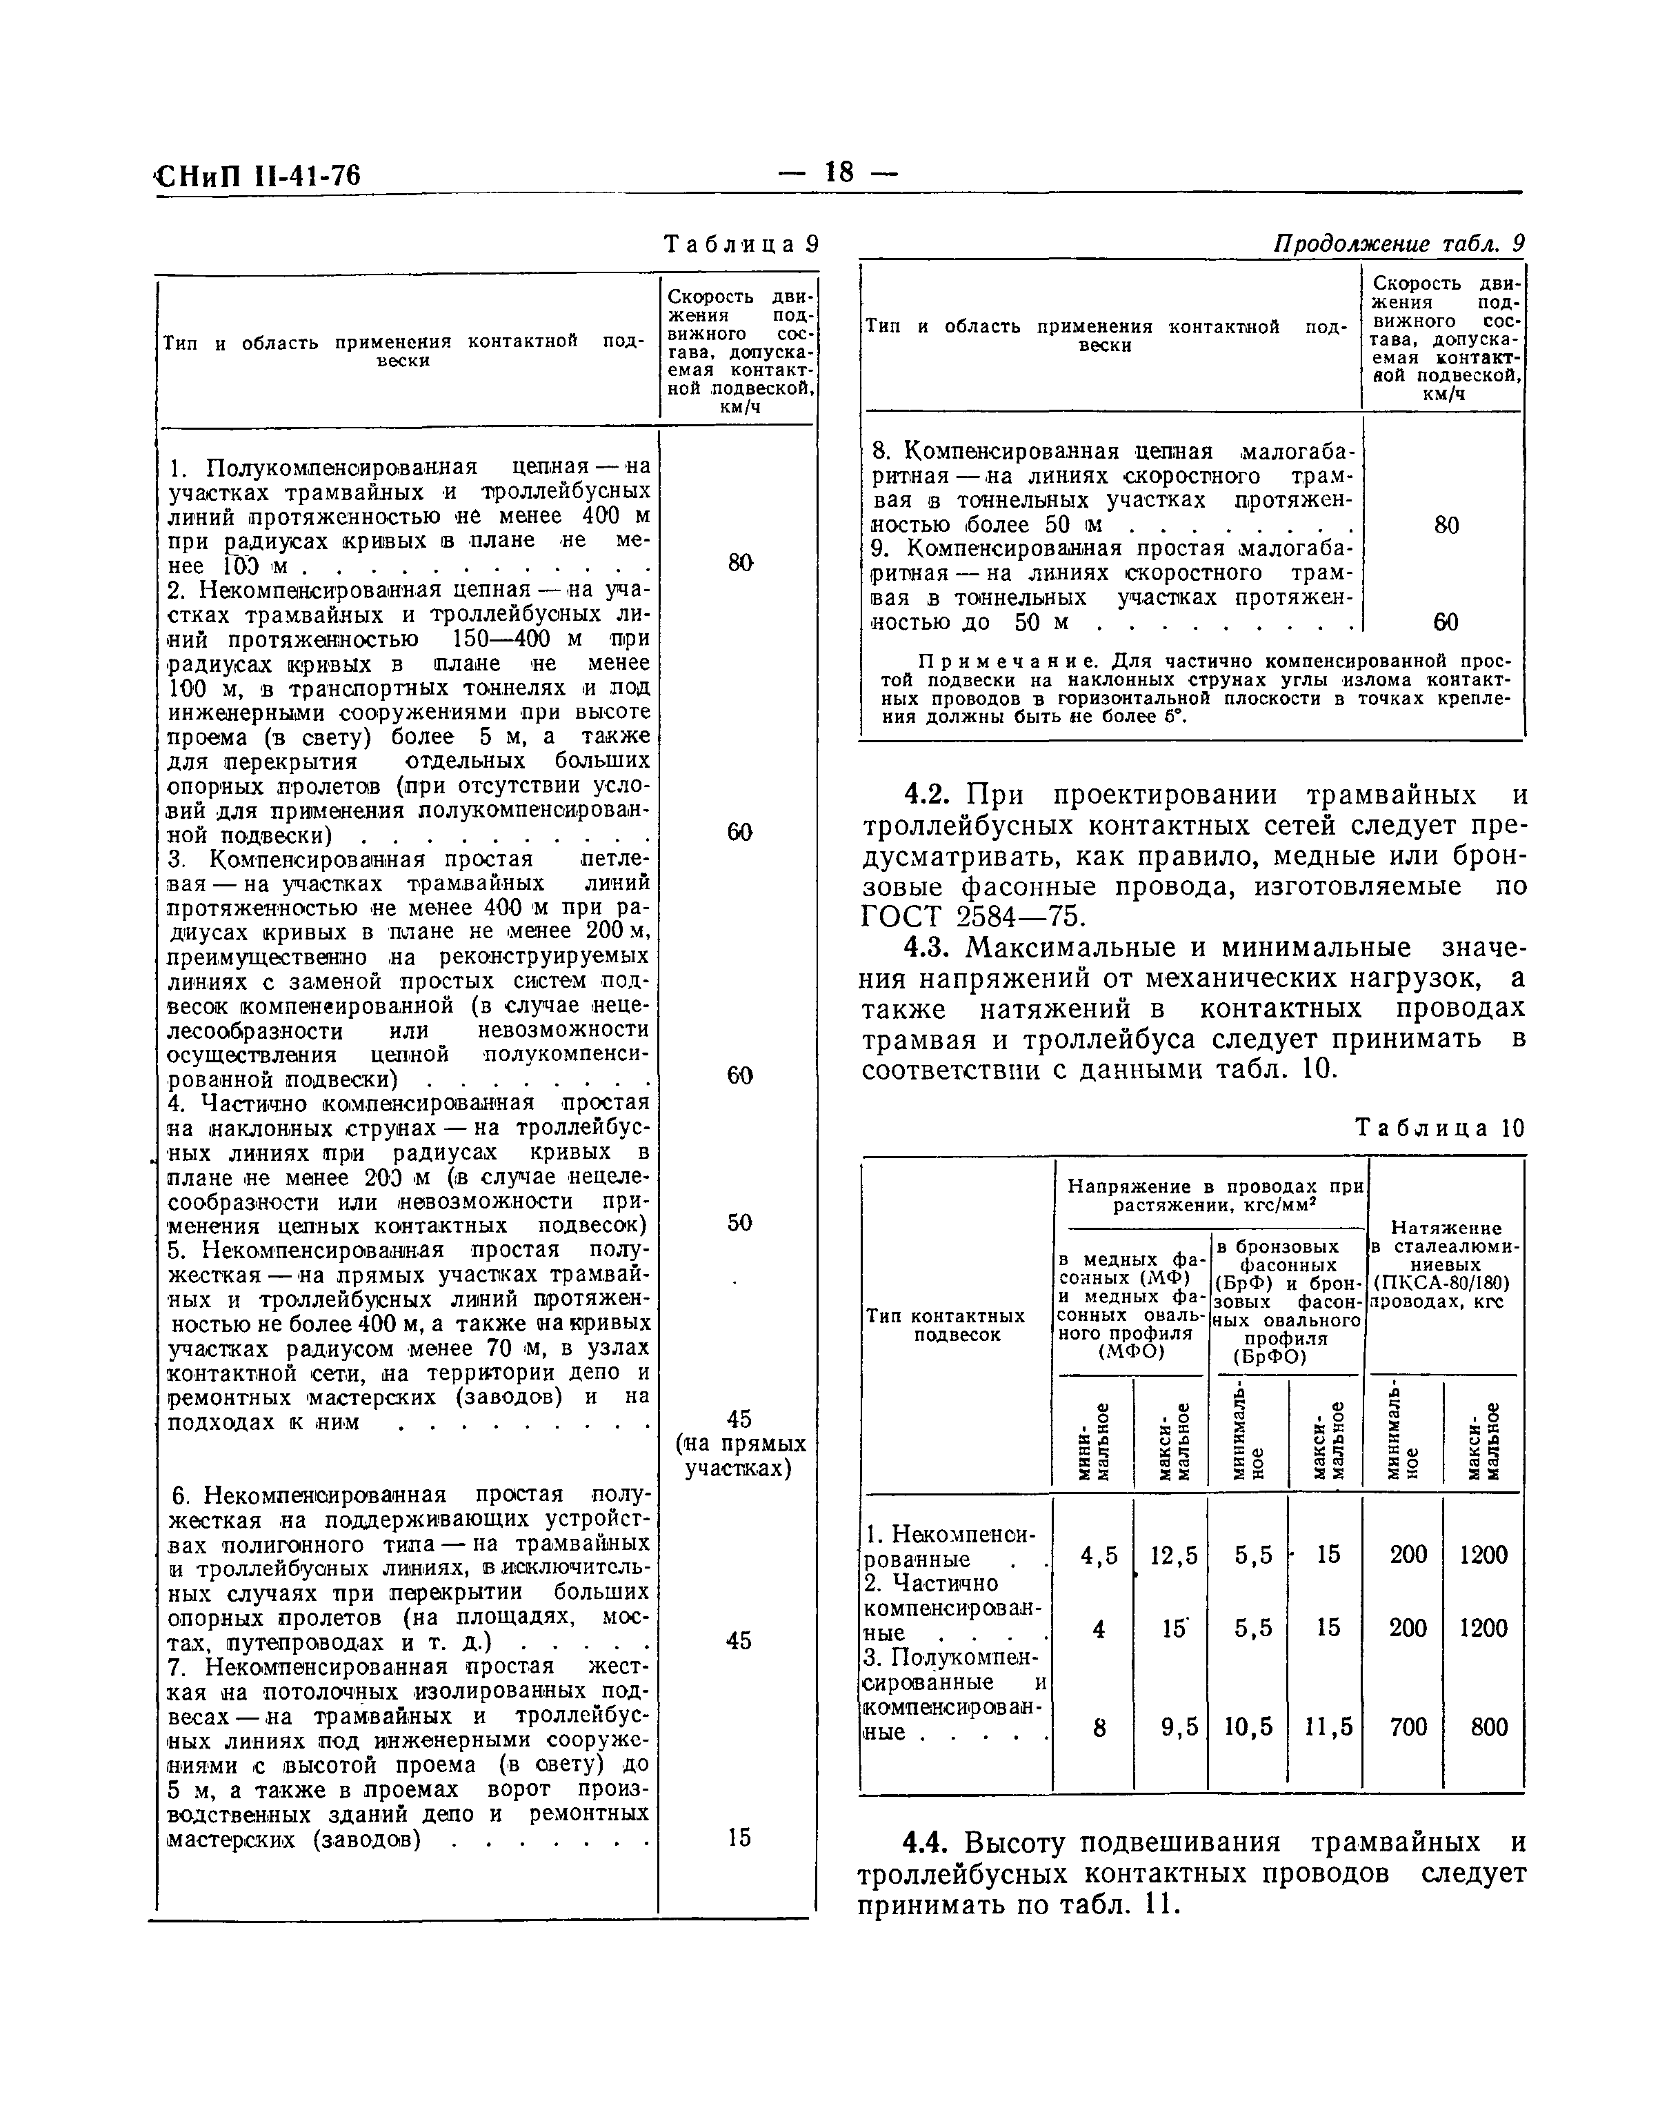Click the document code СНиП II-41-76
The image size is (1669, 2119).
[x=258, y=176]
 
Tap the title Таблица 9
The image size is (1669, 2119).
[x=741, y=244]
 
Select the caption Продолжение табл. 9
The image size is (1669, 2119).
[x=1399, y=243]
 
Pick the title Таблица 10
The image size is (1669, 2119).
[x=1439, y=1128]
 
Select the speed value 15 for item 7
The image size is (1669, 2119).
[x=740, y=1838]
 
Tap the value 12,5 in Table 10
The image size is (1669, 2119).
[x=1172, y=1555]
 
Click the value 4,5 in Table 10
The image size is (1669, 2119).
[x=1099, y=1555]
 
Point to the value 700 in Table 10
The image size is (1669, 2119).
[x=1408, y=1727]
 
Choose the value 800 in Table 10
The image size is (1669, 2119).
[x=1488, y=1727]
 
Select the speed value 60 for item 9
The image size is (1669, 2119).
[x=1446, y=623]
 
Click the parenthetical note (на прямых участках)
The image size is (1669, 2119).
[x=740, y=1456]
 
